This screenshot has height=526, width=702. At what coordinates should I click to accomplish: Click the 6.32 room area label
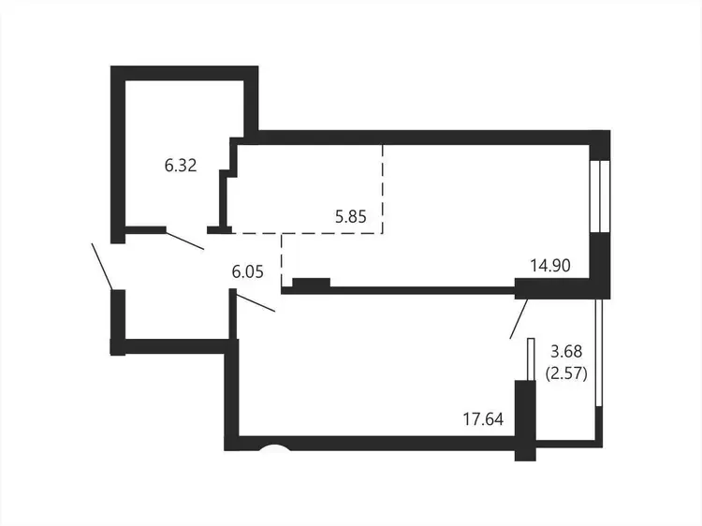point(181,166)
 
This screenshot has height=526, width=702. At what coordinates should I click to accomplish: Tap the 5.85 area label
point(351,216)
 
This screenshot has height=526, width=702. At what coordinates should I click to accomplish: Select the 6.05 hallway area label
point(248,271)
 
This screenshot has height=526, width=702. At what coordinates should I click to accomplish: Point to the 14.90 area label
point(550,266)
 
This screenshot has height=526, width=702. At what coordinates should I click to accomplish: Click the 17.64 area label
point(483,419)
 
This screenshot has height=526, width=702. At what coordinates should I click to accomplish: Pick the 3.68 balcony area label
point(566,351)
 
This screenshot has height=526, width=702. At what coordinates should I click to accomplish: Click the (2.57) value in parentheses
point(566,373)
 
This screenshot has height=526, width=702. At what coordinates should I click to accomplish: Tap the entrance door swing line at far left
point(102,266)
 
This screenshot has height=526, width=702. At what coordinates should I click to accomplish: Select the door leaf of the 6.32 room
point(185,241)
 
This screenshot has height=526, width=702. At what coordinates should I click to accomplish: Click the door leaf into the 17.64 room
point(256,302)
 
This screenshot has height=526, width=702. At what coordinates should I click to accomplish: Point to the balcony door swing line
point(519,319)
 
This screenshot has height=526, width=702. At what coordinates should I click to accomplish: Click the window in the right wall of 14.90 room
point(599,196)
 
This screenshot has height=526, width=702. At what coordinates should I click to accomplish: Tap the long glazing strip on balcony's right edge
point(599,353)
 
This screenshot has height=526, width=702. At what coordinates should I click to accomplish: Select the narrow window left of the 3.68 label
point(531,359)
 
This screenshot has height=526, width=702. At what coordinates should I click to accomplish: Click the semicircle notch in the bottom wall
point(275,447)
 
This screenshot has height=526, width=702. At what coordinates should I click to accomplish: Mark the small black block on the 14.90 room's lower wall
point(311,283)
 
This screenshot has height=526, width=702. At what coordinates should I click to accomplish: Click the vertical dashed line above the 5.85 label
point(382,189)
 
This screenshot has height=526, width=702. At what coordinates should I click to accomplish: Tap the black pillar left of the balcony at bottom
point(525,420)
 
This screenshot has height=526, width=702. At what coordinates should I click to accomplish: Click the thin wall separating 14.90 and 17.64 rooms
point(399,290)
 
